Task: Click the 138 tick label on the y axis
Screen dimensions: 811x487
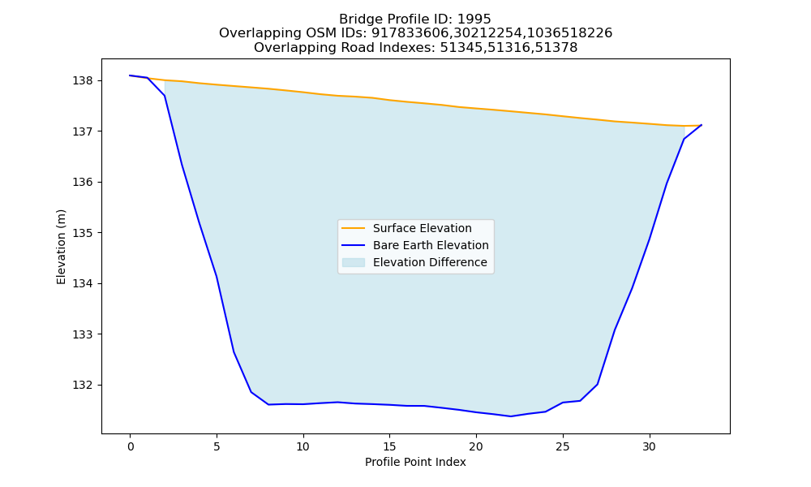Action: tap(82, 80)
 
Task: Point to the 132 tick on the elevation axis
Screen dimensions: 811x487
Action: tap(82, 385)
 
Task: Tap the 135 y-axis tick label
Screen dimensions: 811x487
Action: tap(82, 233)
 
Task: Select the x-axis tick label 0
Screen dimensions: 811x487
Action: tap(131, 446)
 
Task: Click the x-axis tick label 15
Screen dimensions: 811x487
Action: tap(389, 446)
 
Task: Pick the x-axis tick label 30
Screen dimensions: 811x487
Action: tap(649, 446)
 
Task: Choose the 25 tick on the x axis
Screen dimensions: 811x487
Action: tap(563, 446)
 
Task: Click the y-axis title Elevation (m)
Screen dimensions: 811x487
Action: tap(62, 247)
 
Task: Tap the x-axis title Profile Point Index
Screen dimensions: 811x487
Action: tap(415, 462)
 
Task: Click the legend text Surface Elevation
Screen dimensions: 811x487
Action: tap(422, 228)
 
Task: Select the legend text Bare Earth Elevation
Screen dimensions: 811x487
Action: tap(431, 245)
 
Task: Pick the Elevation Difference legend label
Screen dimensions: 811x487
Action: tap(430, 262)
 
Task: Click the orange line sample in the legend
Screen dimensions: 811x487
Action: tap(354, 228)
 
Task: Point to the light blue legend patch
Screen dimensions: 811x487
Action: tap(354, 262)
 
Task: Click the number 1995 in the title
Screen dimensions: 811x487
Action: tap(474, 19)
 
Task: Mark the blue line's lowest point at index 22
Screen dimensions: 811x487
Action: tap(510, 416)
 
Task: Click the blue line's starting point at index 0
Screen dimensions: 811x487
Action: tap(131, 75)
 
